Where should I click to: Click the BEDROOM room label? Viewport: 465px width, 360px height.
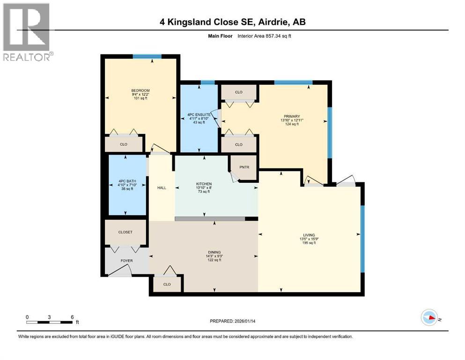[140, 90]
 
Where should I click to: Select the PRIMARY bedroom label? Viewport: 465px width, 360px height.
[291, 116]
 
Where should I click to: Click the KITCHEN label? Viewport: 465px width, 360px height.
[204, 184]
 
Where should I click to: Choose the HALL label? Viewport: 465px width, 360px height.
[162, 187]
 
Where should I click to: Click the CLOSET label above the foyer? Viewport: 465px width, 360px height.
[125, 232]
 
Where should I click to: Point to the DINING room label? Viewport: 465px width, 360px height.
[215, 252]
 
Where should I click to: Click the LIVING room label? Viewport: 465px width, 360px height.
[309, 235]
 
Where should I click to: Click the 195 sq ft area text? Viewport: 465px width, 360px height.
[309, 243]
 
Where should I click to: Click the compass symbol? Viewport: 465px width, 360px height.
[429, 318]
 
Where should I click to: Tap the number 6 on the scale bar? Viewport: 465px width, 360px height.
[72, 317]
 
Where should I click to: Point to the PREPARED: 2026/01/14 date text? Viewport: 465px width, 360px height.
[232, 321]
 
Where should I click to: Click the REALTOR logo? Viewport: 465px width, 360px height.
[27, 32]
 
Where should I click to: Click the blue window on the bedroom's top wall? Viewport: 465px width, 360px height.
[147, 57]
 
